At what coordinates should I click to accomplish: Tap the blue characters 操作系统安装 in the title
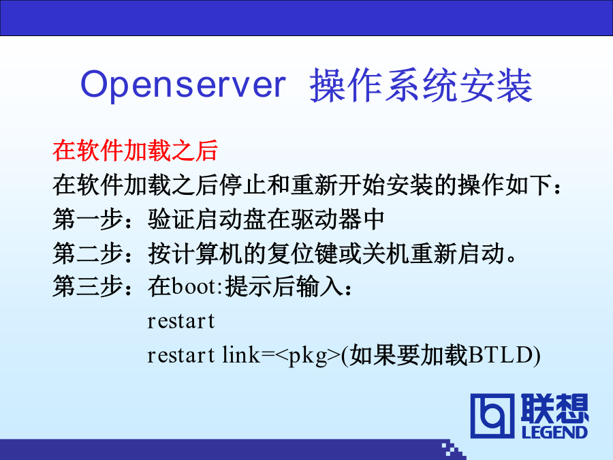click(x=421, y=85)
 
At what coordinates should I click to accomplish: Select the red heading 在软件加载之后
click(x=136, y=151)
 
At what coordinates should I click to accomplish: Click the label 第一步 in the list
click(x=88, y=219)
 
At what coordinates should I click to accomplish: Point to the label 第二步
click(x=88, y=254)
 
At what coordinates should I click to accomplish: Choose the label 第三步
click(x=88, y=287)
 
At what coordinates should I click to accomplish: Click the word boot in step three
click(x=193, y=286)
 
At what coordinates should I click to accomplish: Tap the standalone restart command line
click(x=181, y=322)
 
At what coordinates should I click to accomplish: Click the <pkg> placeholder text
click(x=308, y=356)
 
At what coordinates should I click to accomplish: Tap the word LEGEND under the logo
click(x=554, y=432)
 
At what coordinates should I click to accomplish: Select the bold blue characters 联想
click(x=554, y=408)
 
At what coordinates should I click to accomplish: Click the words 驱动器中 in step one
click(x=336, y=219)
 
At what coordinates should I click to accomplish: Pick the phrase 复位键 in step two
click(x=302, y=254)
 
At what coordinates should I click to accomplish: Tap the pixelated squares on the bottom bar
click(x=454, y=450)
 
